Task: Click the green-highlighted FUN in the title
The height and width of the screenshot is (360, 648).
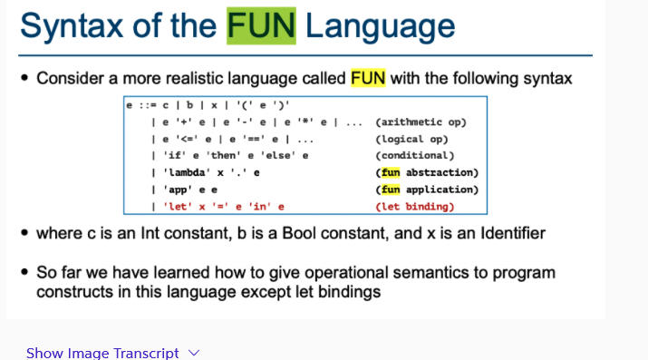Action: click(x=261, y=25)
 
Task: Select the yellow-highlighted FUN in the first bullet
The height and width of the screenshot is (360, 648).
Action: click(x=368, y=78)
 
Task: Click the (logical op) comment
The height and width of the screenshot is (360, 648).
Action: click(x=411, y=139)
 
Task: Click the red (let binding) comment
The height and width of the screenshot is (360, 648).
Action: click(x=414, y=207)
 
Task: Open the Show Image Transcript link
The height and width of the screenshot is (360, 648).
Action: click(x=102, y=353)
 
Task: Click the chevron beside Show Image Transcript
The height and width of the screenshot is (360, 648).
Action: click(x=193, y=353)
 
